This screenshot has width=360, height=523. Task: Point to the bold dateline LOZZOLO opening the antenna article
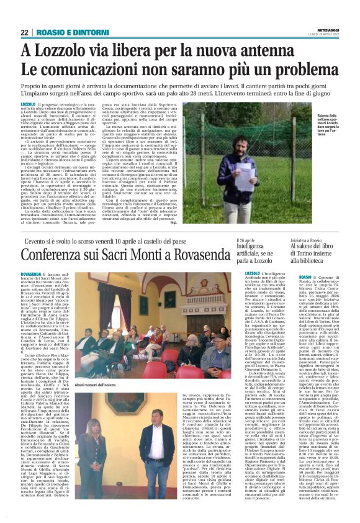[28, 104]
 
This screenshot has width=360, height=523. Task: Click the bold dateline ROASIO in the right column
[305, 274]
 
